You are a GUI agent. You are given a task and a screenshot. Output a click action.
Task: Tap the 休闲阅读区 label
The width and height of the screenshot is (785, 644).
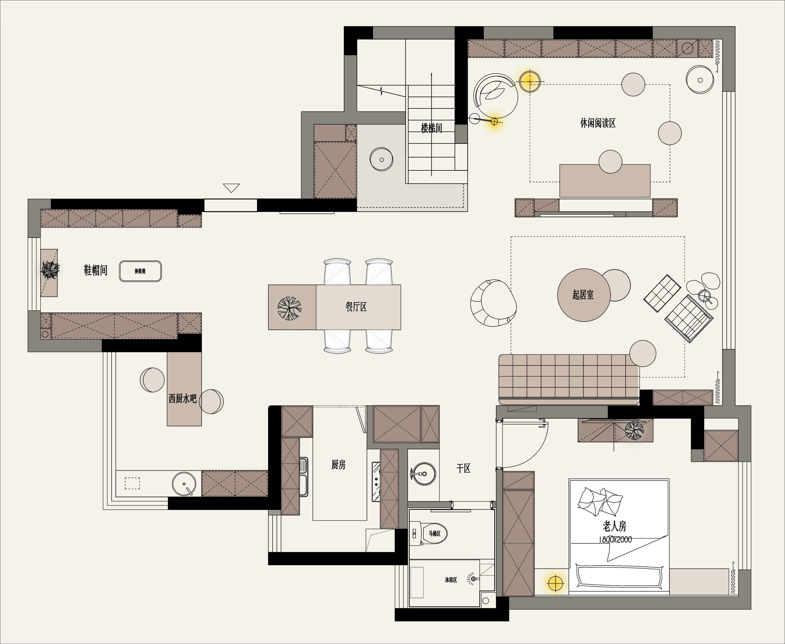click(x=598, y=123)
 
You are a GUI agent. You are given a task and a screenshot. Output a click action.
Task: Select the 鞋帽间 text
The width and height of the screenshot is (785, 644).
click(x=96, y=270)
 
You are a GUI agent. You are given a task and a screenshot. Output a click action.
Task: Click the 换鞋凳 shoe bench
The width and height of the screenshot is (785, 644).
click(x=140, y=271)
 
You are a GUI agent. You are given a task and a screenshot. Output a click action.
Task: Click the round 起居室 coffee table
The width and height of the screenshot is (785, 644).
click(x=584, y=295)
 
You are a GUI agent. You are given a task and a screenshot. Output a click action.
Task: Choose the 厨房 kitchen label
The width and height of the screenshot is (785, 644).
click(x=338, y=464)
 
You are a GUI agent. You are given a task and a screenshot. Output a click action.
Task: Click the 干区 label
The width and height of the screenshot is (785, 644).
click(x=463, y=468)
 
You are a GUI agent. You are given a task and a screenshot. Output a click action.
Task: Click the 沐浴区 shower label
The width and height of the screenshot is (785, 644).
click(x=451, y=579)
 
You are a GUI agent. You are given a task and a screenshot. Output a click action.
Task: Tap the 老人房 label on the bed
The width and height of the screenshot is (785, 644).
click(x=615, y=526)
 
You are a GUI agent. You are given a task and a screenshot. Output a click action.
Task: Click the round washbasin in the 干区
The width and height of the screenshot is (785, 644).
click(x=424, y=474)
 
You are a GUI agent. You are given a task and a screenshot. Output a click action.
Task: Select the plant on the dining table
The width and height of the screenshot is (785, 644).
click(x=290, y=308)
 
